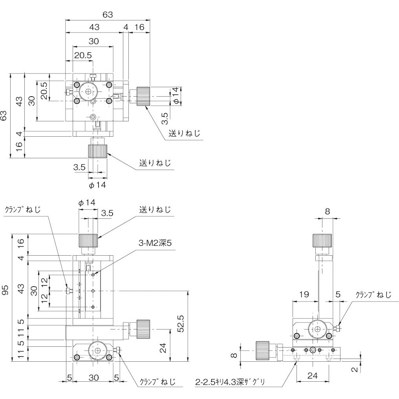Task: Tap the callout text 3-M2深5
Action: [x=155, y=243]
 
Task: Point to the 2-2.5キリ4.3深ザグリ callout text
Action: [x=231, y=381]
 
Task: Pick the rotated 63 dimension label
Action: [x=4, y=115]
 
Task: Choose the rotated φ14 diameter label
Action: [x=177, y=96]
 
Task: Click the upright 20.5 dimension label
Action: [x=83, y=55]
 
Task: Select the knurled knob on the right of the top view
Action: [x=144, y=96]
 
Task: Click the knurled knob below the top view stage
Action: [x=97, y=151]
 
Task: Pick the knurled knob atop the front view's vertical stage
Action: [x=88, y=240]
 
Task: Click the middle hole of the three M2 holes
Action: [x=93, y=291]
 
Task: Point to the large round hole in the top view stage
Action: [x=88, y=92]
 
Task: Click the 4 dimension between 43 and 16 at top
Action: [x=126, y=27]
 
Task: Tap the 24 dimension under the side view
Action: [x=312, y=375]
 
